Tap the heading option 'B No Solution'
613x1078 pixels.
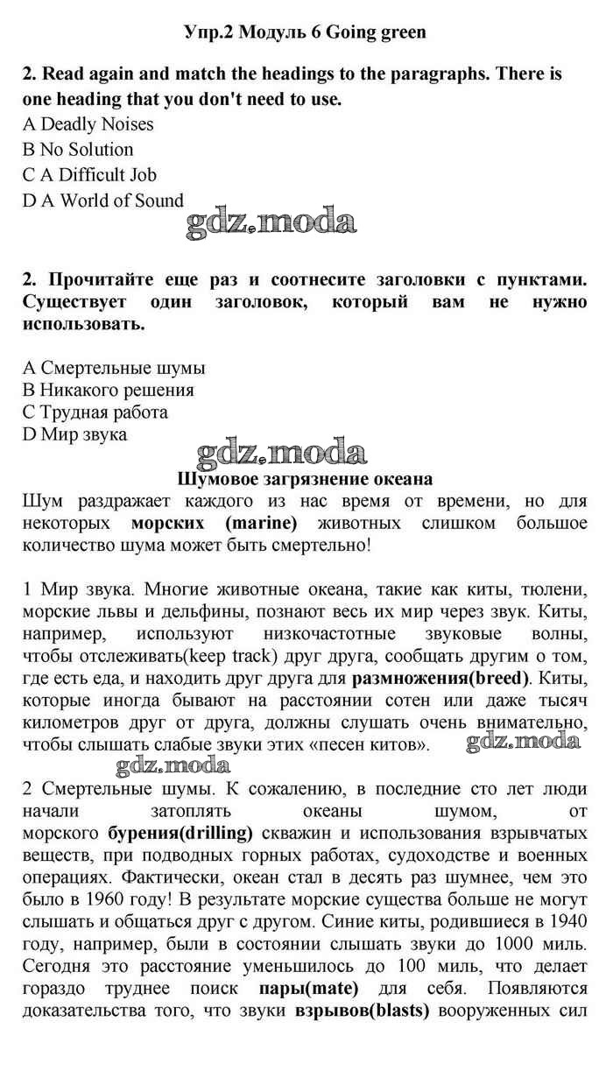coord(78,150)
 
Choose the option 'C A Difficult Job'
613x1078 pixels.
coord(89,175)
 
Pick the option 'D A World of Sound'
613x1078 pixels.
coord(103,201)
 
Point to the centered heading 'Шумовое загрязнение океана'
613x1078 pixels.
coord(305,479)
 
